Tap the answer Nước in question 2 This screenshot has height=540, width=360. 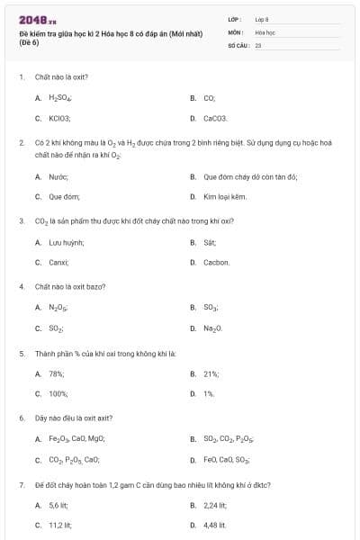pyautogui.click(x=58, y=177)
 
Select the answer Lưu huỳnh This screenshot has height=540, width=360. pyautogui.click(x=67, y=242)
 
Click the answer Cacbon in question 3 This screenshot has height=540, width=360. pyautogui.click(x=217, y=262)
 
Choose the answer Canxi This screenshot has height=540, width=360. pyautogui.click(x=59, y=262)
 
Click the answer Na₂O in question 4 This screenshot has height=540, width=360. pyautogui.click(x=213, y=328)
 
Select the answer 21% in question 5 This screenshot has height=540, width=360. pyautogui.click(x=211, y=373)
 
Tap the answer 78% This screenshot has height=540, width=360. pyautogui.click(x=56, y=373)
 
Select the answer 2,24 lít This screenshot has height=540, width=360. pyautogui.click(x=214, y=505)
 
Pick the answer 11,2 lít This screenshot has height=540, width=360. pyautogui.click(x=60, y=525)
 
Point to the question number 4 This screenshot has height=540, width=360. pyautogui.click(x=21, y=286)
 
